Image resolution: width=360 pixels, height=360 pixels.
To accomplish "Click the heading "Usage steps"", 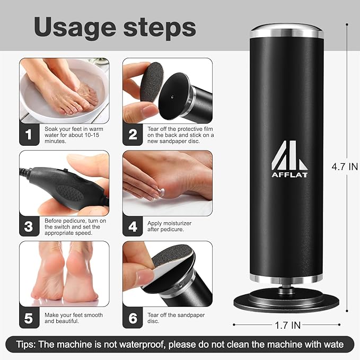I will click(115, 27).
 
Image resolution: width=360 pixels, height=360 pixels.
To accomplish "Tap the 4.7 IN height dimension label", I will click(345, 166).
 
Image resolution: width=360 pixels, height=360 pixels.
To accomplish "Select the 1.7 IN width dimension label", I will click(287, 324).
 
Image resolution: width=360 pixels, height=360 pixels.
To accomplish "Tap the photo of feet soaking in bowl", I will click(64, 91).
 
